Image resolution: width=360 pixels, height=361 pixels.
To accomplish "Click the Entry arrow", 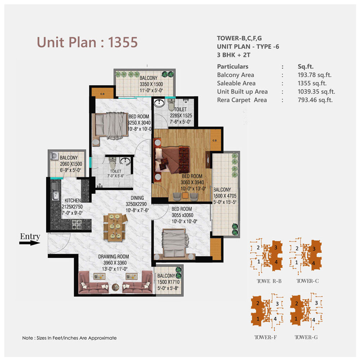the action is pos(30,243).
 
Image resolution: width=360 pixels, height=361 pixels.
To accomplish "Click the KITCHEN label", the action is pos(73,200).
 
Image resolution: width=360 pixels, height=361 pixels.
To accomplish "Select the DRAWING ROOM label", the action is pos(113,257).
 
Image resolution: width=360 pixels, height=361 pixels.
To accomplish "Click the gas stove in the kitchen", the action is pos(77,224).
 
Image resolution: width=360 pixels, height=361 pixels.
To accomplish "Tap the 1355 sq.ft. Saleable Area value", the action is pos(312,83).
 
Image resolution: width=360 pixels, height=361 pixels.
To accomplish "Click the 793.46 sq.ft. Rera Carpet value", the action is pos(315,100).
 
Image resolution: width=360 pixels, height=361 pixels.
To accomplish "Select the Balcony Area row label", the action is pos(235,75).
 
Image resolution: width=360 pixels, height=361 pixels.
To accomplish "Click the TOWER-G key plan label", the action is pos(306,337).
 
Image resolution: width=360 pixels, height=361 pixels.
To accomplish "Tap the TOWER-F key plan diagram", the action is pos(267,311).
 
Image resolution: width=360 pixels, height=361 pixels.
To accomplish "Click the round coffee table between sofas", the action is pos(116,287).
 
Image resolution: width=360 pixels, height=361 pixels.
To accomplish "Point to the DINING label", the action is pos(137,198).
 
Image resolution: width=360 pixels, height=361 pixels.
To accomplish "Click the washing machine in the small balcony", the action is pos(54,156).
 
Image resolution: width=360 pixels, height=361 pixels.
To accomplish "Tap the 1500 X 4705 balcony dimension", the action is pos(225,196).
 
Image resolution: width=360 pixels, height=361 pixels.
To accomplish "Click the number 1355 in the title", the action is pos(123,42).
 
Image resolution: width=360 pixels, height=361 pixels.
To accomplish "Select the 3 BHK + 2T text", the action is pos(234,55).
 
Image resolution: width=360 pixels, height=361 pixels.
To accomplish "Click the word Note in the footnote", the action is pos(27,338).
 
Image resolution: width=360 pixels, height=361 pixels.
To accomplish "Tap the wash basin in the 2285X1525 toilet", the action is pos(159,103).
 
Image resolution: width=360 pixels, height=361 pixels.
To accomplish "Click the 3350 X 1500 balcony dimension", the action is pos(151,84).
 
